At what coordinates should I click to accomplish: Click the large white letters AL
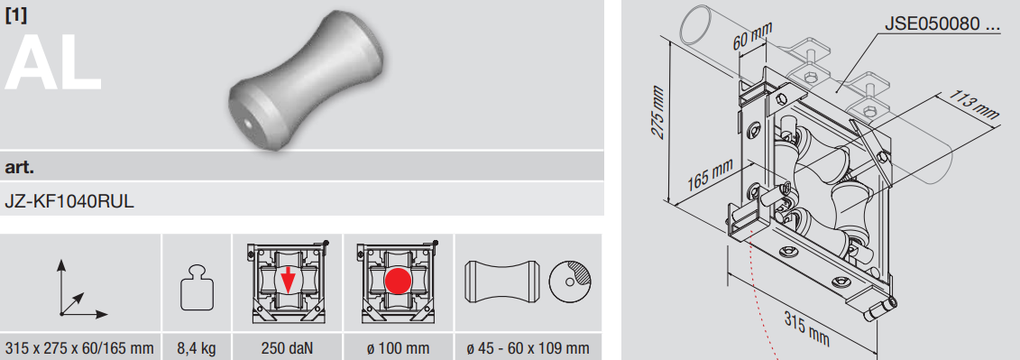point(53,62)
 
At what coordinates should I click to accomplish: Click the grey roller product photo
point(307,81)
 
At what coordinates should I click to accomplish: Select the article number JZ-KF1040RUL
point(69,201)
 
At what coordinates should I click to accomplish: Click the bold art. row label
point(20,167)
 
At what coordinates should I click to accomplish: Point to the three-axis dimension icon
point(80,290)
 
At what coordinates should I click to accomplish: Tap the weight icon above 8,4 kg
point(197,288)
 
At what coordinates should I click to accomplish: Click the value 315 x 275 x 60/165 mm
point(80,348)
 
